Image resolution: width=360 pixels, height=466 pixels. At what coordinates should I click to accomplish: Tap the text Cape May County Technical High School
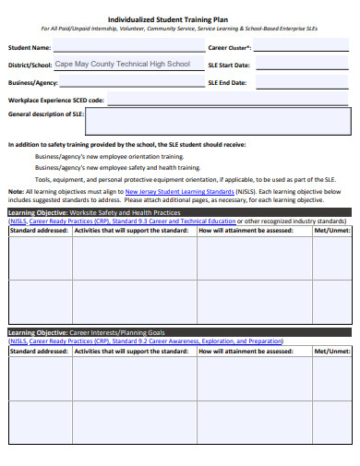coord(123,65)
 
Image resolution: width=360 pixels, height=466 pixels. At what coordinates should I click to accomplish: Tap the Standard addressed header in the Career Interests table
coord(39,352)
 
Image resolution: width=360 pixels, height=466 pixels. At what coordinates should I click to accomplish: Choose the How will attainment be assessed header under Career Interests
coord(241,352)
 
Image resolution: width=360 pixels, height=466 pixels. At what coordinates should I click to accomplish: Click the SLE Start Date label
coord(228,65)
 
